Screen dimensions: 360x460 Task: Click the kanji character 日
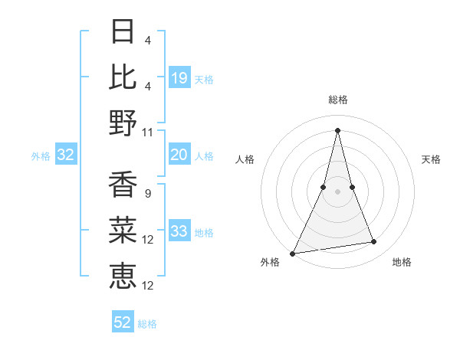pos(123,33)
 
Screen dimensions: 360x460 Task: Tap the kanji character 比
pos(123,77)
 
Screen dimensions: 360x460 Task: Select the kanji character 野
pos(123,122)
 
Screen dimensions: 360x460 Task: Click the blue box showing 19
pos(179,77)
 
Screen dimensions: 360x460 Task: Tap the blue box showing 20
pos(179,155)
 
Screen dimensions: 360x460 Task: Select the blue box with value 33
pos(179,231)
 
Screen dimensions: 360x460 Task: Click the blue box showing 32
pos(66,155)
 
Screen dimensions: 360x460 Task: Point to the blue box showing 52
pos(123,322)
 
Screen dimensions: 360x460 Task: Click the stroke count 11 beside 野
pos(148,132)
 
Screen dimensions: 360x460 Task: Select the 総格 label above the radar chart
pos(337,100)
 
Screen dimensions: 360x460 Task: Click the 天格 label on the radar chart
pos(431,159)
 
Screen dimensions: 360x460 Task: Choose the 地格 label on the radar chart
pos(402,263)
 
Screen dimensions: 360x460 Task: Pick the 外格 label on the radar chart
pos(270,263)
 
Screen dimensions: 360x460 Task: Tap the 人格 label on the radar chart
pos(245,159)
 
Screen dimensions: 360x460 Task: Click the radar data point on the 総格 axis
pos(337,130)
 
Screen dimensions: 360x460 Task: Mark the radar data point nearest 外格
pos(293,253)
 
